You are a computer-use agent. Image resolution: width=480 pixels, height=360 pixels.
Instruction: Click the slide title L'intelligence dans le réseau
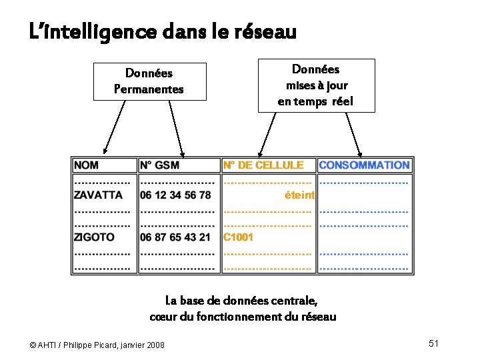pyautogui.click(x=163, y=31)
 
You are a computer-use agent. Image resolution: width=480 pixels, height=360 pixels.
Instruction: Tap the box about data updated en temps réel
pyautogui.click(x=316, y=85)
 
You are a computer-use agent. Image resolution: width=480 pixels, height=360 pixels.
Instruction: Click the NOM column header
pyautogui.click(x=87, y=165)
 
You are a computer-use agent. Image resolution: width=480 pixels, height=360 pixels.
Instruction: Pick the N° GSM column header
pyautogui.click(x=160, y=165)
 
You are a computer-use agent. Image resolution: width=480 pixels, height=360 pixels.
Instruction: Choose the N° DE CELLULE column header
pyautogui.click(x=263, y=165)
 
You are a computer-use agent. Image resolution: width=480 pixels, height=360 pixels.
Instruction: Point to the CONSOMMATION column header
pyautogui.click(x=364, y=165)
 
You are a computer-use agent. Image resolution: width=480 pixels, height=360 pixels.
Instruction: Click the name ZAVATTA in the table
pyautogui.click(x=98, y=195)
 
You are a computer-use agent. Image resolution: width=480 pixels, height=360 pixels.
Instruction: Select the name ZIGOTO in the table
pyautogui.click(x=94, y=237)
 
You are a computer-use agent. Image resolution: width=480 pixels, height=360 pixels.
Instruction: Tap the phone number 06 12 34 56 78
pyautogui.click(x=175, y=195)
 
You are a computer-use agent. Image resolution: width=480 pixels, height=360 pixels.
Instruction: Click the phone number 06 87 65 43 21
pyautogui.click(x=175, y=237)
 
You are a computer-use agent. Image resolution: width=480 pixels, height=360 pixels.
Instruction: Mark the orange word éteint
pyautogui.click(x=299, y=195)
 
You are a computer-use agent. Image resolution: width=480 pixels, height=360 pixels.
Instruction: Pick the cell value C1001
pyautogui.click(x=238, y=237)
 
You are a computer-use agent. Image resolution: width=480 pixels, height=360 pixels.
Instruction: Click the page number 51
pyautogui.click(x=433, y=343)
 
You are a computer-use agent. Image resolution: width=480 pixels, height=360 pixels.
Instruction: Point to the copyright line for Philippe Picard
pyautogui.click(x=97, y=345)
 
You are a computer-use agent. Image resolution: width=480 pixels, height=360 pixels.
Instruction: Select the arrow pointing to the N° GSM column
pyautogui.click(x=176, y=128)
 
